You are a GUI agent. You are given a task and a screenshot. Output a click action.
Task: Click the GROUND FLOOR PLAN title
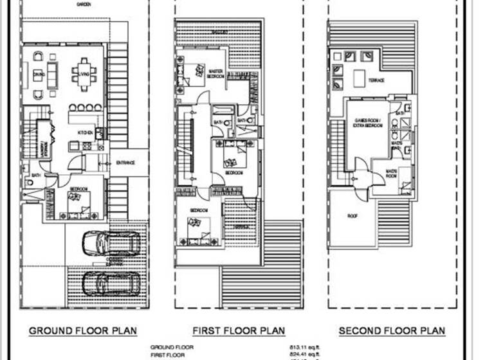[83, 330]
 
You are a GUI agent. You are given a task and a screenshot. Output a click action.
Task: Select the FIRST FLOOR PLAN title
[239, 330]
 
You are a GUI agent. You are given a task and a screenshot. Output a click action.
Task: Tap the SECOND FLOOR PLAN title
[392, 330]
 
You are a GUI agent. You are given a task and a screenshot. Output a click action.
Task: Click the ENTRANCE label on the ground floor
[125, 163]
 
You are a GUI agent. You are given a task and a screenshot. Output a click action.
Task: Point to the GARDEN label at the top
[83, 4]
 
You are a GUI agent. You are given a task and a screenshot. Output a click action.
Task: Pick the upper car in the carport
[111, 243]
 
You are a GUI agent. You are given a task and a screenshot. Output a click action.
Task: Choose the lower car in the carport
[110, 282]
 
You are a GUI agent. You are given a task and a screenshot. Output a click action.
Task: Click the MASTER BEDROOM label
[215, 75]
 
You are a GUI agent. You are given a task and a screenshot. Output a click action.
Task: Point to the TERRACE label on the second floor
[376, 80]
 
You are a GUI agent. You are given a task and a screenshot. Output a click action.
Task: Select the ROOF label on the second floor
[352, 215]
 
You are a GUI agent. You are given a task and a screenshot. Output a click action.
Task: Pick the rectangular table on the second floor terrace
[359, 77]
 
